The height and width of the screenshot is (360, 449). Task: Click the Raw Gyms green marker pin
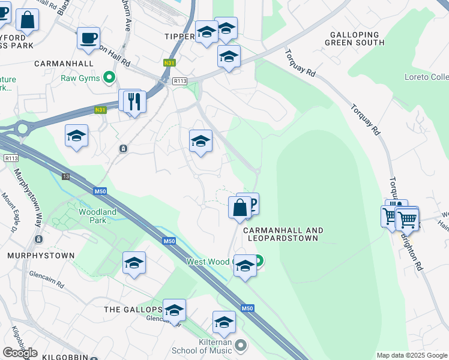[x=109, y=77]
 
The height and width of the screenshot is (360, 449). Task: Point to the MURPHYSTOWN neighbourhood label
[x=41, y=256]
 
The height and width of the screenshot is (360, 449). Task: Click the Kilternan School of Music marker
[x=241, y=345]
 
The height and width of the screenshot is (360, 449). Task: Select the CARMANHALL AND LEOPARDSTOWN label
[x=283, y=234]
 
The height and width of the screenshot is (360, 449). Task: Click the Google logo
[x=20, y=353]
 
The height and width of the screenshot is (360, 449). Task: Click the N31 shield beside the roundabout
[x=101, y=109]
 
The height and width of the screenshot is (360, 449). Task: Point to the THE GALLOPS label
[x=133, y=310]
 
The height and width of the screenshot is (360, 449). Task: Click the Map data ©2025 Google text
[x=411, y=355]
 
